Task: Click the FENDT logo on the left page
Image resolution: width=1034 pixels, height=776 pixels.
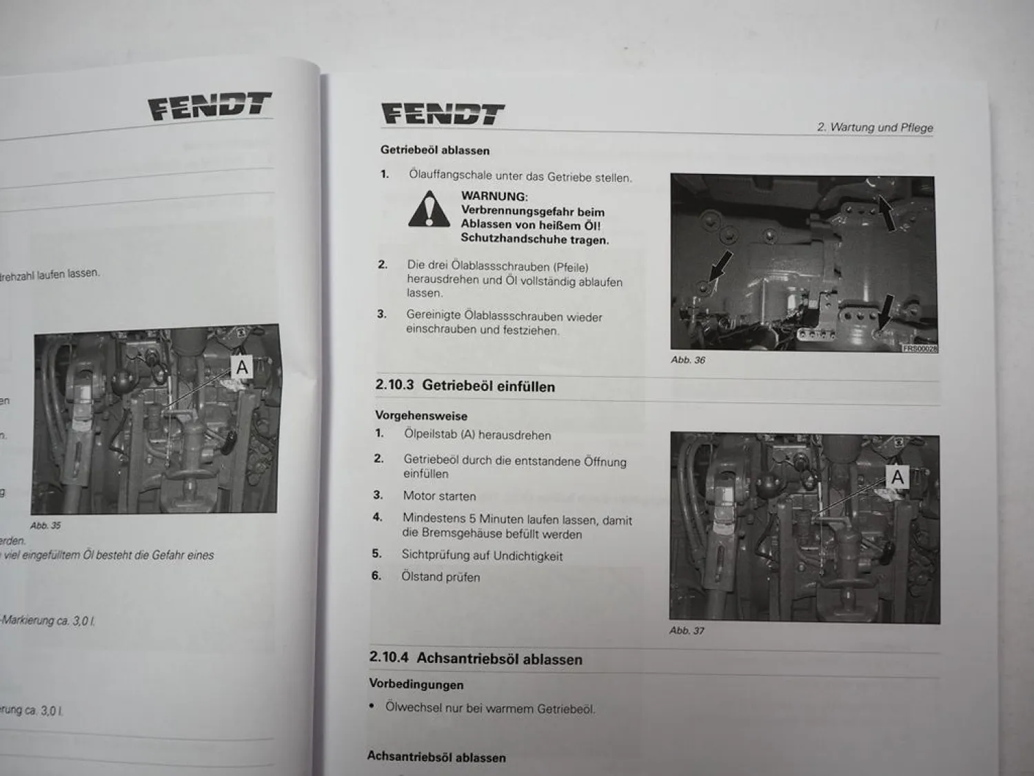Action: click(210, 106)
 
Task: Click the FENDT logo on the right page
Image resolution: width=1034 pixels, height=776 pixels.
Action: click(443, 114)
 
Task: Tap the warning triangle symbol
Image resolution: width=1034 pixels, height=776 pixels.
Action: click(429, 210)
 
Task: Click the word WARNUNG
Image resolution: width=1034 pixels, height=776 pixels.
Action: click(494, 197)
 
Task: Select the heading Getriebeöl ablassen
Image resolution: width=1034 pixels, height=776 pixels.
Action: click(435, 150)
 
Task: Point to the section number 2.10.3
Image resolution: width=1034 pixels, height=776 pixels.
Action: click(394, 385)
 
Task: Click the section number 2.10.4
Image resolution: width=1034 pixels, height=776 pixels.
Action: click(389, 657)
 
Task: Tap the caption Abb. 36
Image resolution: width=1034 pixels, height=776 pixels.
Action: click(688, 360)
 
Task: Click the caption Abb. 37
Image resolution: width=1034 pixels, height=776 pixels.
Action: click(687, 630)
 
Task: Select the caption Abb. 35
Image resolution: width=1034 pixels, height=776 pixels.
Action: click(45, 526)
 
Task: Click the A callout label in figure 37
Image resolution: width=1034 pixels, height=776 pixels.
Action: click(897, 477)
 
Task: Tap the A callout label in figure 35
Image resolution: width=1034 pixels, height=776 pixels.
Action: click(242, 368)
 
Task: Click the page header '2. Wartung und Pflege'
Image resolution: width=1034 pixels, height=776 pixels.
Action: click(874, 128)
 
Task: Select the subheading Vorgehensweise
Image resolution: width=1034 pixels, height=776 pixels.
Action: click(420, 416)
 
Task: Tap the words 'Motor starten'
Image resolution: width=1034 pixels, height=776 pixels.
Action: click(439, 496)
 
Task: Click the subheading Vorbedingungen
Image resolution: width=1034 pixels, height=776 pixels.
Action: click(416, 684)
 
